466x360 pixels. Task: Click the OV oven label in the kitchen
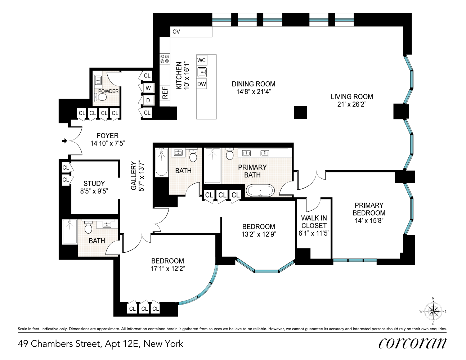click(176, 32)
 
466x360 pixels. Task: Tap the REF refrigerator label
click(165, 93)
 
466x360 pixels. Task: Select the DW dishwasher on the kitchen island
click(202, 84)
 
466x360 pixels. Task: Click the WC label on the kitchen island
click(202, 60)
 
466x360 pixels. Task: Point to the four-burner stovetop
click(165, 59)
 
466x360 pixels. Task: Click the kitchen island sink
click(202, 72)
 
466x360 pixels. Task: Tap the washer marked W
click(148, 88)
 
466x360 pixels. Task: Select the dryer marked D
click(148, 100)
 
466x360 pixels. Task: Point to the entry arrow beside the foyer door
click(64, 141)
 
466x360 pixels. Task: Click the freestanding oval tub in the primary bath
click(260, 190)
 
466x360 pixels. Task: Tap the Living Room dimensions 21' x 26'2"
click(352, 104)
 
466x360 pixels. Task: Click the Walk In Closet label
click(314, 222)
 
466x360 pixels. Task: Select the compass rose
click(433, 311)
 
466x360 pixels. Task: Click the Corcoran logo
click(412, 343)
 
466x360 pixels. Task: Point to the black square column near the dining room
click(300, 112)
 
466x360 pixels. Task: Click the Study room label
click(94, 184)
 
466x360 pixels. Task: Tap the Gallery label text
click(134, 176)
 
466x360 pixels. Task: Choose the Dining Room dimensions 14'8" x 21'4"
click(254, 92)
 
